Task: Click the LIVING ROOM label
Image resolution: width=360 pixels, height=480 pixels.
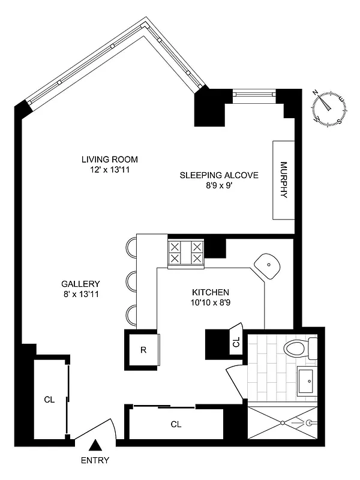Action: click(x=110, y=159)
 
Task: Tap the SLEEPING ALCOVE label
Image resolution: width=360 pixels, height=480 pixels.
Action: click(x=219, y=175)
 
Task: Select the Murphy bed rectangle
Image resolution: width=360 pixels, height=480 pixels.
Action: click(x=284, y=180)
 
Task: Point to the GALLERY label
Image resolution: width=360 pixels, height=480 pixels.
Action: click(x=80, y=284)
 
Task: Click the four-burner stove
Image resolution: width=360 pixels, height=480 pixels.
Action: click(x=185, y=252)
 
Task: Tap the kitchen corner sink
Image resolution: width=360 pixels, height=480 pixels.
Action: click(x=268, y=265)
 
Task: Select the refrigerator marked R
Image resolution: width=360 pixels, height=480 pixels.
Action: click(x=144, y=350)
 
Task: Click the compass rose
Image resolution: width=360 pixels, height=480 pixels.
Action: click(x=329, y=108)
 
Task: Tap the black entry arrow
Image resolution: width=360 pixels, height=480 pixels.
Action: click(x=95, y=445)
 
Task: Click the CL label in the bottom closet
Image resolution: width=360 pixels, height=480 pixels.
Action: click(x=176, y=424)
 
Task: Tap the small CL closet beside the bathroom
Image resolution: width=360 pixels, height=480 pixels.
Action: click(x=236, y=343)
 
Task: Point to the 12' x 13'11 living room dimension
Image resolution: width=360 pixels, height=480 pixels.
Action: click(x=110, y=170)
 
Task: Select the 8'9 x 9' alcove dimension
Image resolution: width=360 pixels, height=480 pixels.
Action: click(x=219, y=186)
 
